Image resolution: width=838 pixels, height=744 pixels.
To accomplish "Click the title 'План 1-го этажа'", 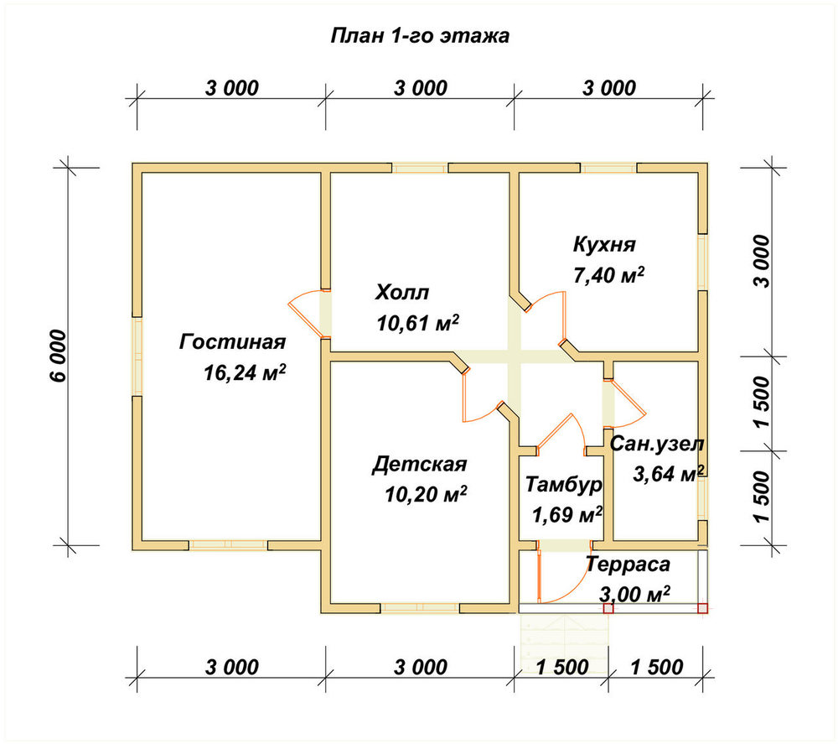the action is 420,36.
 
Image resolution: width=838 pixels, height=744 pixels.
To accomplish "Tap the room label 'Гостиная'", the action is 232,341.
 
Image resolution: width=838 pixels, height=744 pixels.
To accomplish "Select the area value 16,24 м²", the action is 244,372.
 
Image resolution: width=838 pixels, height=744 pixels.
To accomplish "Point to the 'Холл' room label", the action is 402,293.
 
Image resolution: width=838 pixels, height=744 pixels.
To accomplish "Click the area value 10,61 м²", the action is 418,323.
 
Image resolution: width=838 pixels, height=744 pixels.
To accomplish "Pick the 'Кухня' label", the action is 604,244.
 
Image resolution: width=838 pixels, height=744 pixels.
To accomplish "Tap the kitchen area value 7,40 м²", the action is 608,275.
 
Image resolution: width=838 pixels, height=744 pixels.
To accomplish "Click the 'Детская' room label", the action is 420,464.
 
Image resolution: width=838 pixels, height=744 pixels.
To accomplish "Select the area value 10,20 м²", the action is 426,495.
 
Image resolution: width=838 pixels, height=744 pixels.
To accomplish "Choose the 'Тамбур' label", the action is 564,485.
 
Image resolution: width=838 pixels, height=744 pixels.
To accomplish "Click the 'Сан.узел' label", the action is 657,444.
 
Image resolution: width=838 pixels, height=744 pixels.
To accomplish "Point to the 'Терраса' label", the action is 628,565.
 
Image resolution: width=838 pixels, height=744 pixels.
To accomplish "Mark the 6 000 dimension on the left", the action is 59,356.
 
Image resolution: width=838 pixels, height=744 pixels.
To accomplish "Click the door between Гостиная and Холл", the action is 307,314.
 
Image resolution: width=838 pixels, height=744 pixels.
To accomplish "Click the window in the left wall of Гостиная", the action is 137,356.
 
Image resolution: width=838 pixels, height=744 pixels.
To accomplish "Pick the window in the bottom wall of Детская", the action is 420,608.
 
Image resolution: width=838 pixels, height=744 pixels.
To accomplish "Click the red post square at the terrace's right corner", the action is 703,608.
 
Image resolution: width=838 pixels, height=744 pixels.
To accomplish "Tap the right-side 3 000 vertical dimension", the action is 763,262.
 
